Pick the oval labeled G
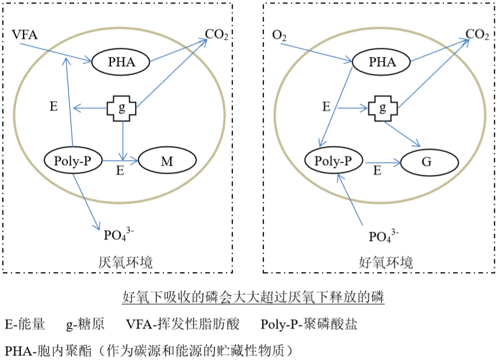pos(427,163)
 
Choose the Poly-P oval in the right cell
pos(334,160)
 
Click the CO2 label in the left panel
pos(217,36)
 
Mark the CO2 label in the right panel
pos(477,35)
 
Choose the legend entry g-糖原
pos(85,324)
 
